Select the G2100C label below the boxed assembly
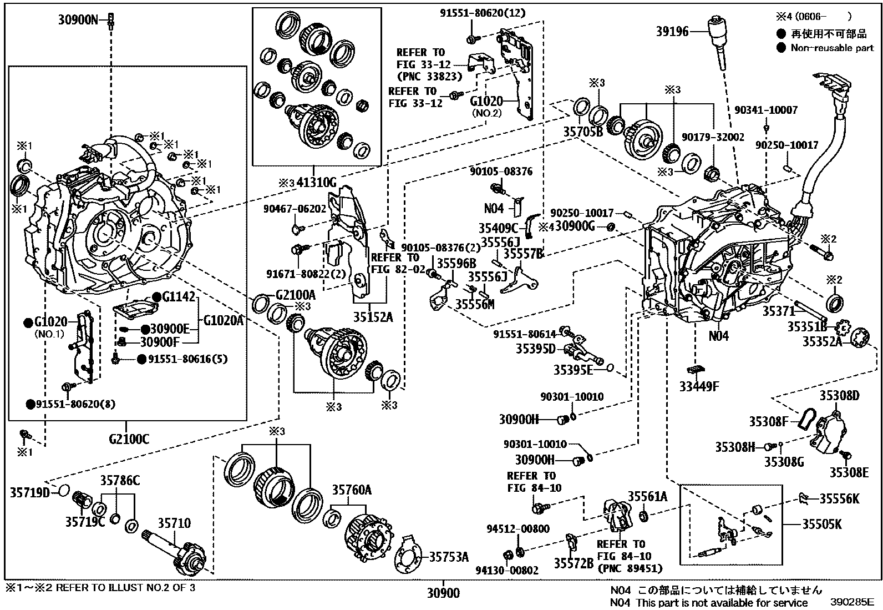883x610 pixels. coord(129,440)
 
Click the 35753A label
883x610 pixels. coord(449,557)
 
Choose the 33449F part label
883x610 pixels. coord(699,386)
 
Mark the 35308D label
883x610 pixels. coord(840,396)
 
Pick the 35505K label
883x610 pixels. coord(822,524)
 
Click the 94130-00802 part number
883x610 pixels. coord(506,570)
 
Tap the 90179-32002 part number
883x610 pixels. coord(713,137)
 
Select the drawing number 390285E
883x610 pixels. coord(852,602)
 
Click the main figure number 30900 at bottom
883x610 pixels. coord(443,593)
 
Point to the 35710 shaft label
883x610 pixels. coord(174,523)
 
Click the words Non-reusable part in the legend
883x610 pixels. coord(832,48)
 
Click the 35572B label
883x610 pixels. coord(574,563)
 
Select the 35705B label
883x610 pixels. coord(583,132)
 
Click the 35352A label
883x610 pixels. coord(823,342)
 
